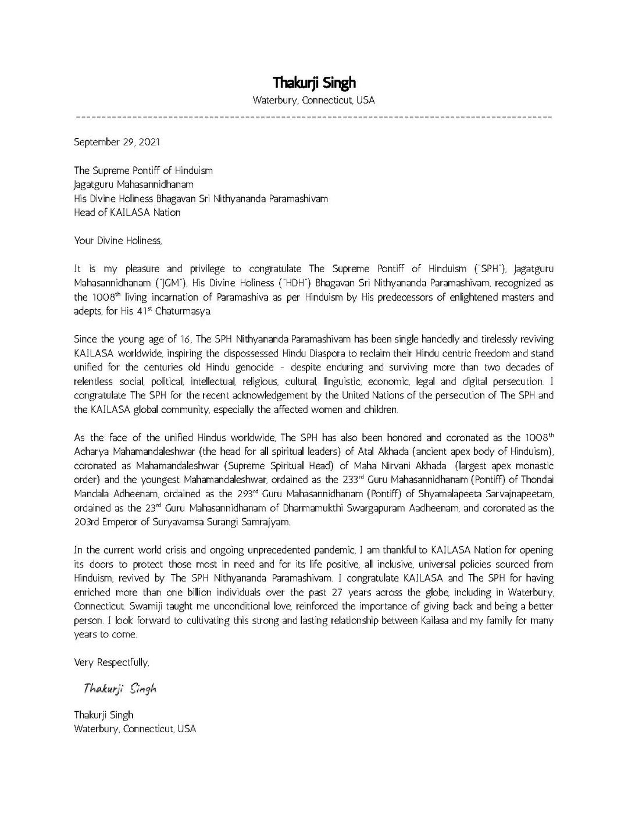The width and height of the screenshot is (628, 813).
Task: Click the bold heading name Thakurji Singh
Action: [x=314, y=83]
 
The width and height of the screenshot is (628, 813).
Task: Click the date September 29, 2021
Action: [x=116, y=142]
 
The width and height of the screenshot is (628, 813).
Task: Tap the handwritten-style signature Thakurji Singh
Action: [x=120, y=689]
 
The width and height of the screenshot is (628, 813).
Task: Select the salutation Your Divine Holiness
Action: [x=118, y=240]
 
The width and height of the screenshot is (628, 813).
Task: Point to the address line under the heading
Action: [x=314, y=100]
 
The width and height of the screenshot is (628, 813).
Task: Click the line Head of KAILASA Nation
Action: [x=127, y=212]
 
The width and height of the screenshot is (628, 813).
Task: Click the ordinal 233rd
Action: [x=354, y=480]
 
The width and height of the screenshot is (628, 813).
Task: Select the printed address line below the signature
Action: [x=135, y=729]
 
